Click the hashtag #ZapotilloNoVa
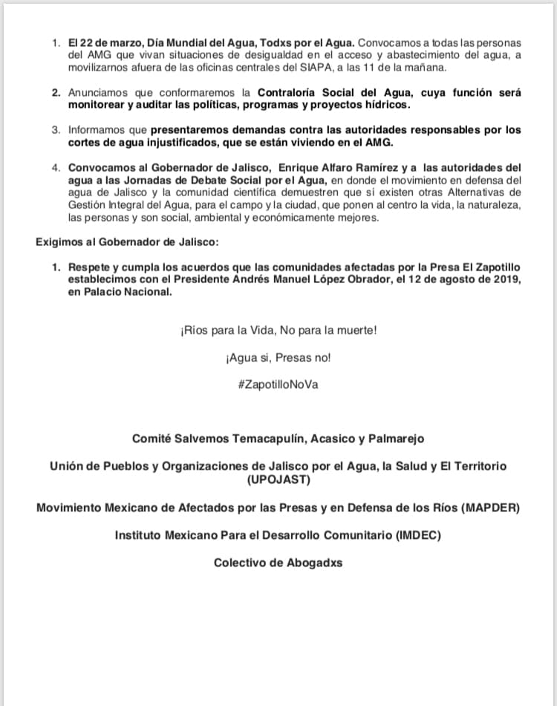click(x=278, y=386)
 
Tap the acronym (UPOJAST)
click(x=278, y=480)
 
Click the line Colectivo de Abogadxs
click(x=278, y=563)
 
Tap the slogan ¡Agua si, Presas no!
click(x=278, y=357)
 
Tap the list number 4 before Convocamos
click(x=55, y=168)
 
